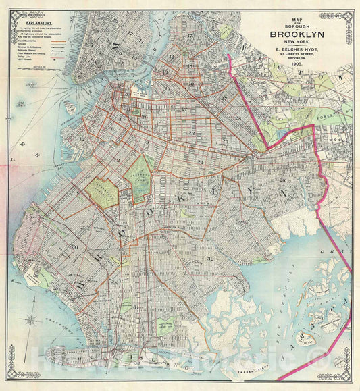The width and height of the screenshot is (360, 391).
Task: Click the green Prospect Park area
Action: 140,176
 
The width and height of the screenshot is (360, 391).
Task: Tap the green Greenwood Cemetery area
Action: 101,194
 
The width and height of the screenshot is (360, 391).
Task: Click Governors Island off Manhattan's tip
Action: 71,107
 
